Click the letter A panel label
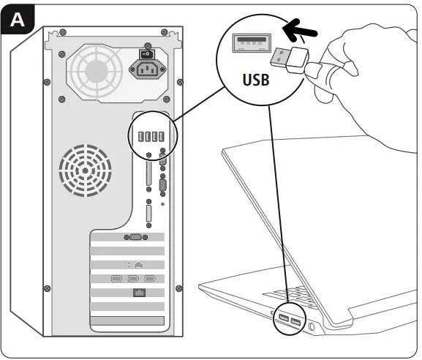[x=18, y=19]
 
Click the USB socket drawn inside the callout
[x=251, y=44]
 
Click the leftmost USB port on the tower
[x=136, y=136]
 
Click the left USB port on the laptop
[x=282, y=318]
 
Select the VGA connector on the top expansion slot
[x=133, y=237]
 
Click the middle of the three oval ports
[x=133, y=279]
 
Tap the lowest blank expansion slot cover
[x=128, y=322]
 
